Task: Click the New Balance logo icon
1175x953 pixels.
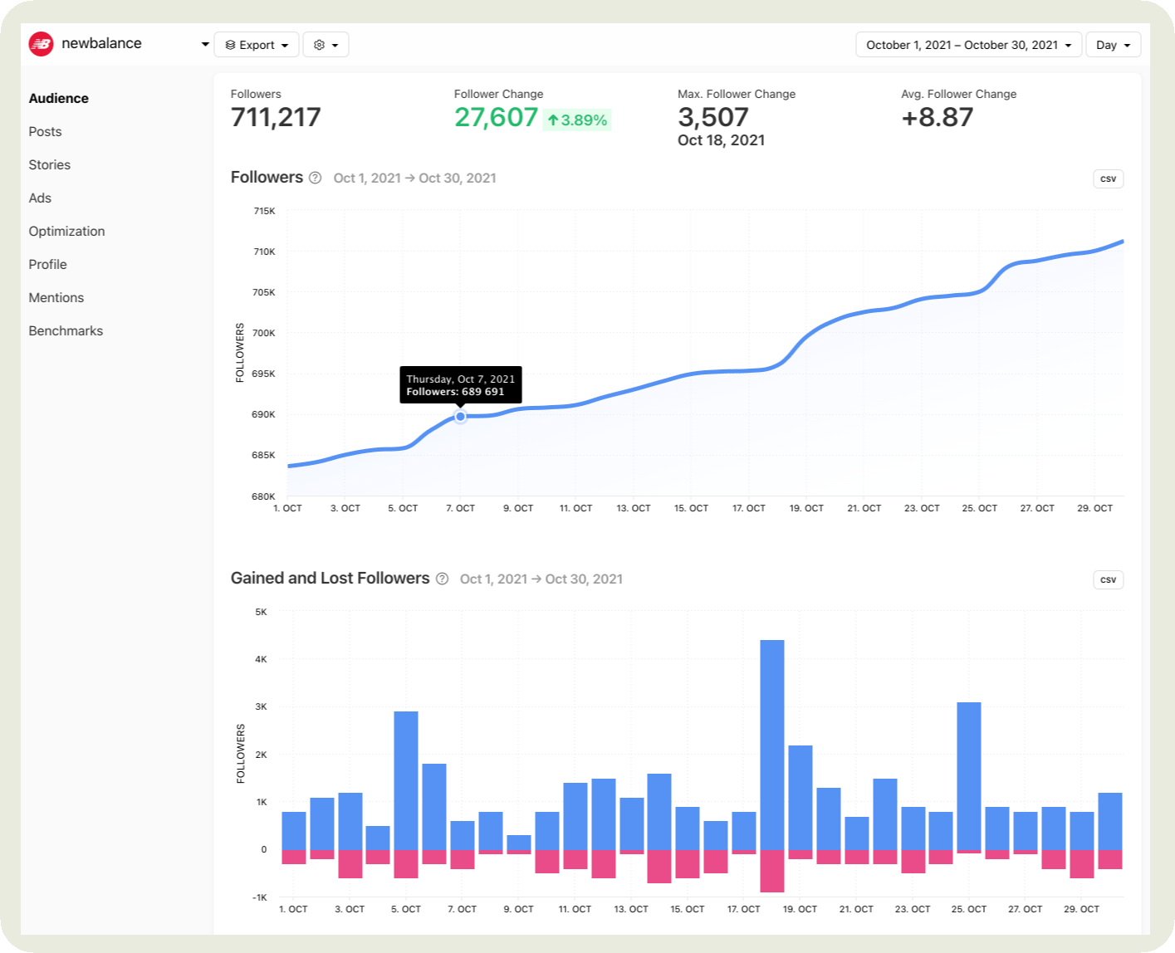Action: (41, 44)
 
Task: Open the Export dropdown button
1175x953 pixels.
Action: (257, 45)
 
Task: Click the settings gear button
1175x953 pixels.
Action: (326, 45)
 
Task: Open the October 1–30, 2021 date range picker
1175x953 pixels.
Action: (968, 45)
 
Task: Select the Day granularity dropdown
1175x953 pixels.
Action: (1113, 45)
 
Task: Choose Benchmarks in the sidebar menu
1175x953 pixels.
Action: (66, 330)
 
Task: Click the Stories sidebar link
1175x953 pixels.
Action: (49, 164)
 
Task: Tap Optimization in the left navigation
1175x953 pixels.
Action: (66, 231)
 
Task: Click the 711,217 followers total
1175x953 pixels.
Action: (276, 117)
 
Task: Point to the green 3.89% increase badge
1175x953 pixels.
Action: (577, 120)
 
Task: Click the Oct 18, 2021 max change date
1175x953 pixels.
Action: (721, 140)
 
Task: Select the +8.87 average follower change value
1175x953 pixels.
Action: (937, 117)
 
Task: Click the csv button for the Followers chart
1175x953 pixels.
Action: (1108, 178)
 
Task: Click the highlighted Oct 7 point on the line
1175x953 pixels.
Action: (460, 416)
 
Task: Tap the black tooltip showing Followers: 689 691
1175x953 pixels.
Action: (460, 384)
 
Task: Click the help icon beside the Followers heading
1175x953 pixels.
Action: (315, 178)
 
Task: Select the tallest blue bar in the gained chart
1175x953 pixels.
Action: (771, 744)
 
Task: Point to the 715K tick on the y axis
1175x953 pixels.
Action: (264, 211)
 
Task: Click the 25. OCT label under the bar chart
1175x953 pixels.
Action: (968, 909)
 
